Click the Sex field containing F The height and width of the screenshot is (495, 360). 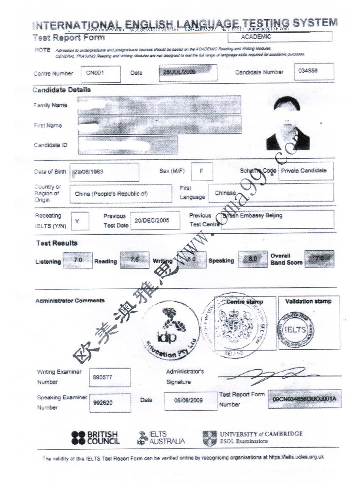[202, 171]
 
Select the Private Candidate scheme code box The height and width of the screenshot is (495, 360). [306, 171]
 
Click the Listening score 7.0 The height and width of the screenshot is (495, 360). [78, 260]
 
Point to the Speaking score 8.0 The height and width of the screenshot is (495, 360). [252, 260]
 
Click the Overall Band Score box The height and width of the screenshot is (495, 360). [319, 258]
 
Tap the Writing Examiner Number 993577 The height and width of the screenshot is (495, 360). [110, 377]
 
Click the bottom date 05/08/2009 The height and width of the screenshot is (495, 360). [188, 400]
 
